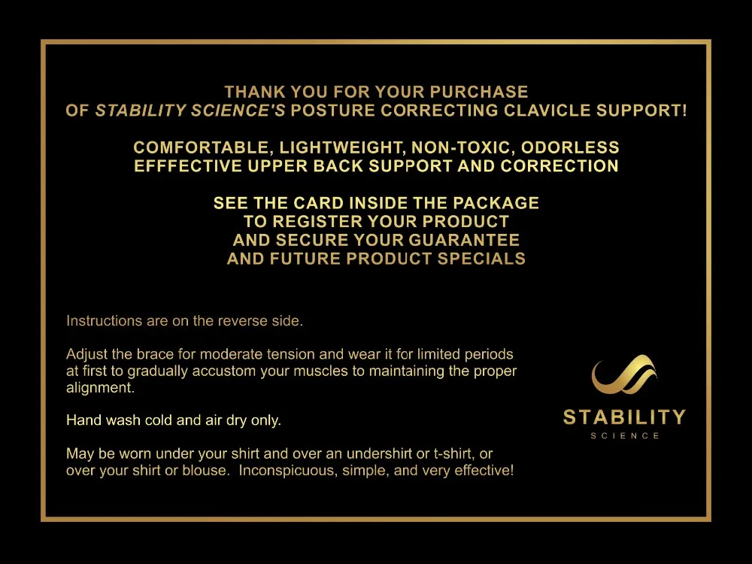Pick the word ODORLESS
click(570, 147)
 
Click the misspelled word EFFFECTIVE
click(188, 166)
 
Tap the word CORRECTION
click(559, 166)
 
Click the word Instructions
click(104, 320)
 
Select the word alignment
click(100, 388)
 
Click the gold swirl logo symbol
click(624, 374)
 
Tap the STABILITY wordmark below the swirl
click(624, 417)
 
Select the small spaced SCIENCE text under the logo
click(625, 436)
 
